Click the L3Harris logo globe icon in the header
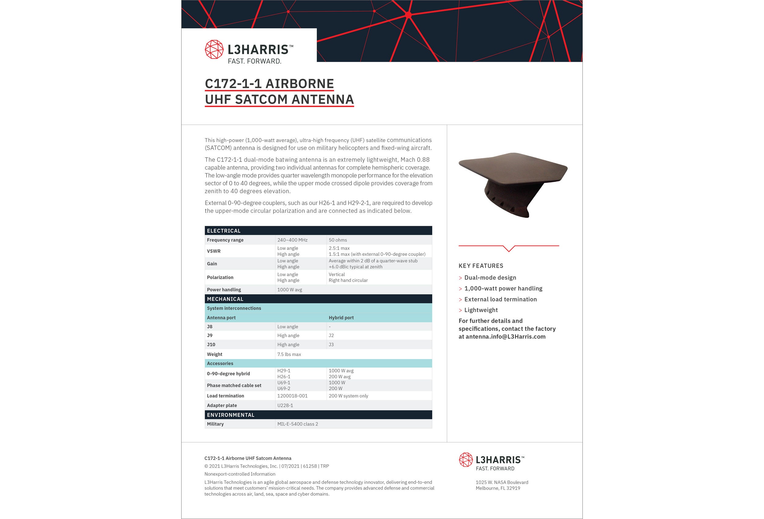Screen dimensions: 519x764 tap(214, 49)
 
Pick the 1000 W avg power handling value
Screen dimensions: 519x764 tap(289, 290)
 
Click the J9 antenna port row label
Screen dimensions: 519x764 tap(210, 336)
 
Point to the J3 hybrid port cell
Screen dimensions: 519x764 tap(331, 345)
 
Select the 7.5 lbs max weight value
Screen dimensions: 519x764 tap(289, 354)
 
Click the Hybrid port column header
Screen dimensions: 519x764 tap(341, 318)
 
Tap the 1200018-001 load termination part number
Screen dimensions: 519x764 tap(292, 396)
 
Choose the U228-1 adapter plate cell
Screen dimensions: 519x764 tap(285, 405)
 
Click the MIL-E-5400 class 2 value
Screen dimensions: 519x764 tap(298, 424)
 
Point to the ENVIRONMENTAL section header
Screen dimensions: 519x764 tap(230, 415)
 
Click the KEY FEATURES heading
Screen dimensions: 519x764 tap(481, 266)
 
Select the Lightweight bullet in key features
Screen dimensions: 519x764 tap(481, 310)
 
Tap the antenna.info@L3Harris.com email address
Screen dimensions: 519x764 tap(505, 337)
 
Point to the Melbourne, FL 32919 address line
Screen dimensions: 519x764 tap(498, 488)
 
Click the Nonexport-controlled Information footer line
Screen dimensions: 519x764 tap(240, 474)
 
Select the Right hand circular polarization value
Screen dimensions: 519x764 tap(348, 280)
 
